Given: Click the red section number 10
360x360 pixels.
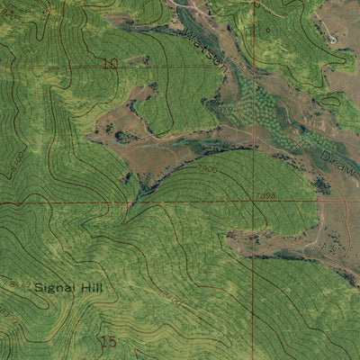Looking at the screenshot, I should (x=111, y=63).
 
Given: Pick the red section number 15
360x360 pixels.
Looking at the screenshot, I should (x=110, y=341).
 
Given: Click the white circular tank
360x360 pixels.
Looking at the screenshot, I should (x=332, y=40).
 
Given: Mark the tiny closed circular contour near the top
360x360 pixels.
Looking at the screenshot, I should (x=266, y=30).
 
